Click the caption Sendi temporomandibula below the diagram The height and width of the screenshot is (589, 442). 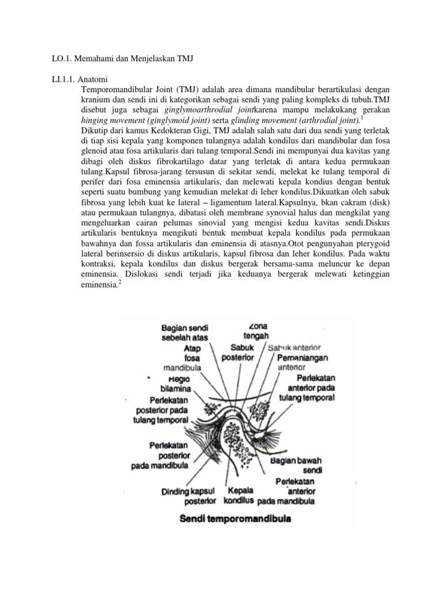tap(235, 519)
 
